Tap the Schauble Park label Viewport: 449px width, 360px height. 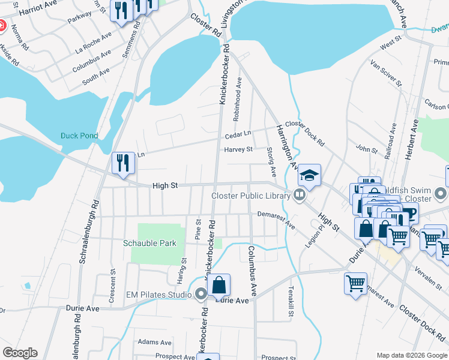(x=149, y=243)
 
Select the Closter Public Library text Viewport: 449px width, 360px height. (x=250, y=195)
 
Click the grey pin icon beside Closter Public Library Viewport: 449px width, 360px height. (x=298, y=195)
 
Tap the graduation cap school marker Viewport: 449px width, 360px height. (x=310, y=175)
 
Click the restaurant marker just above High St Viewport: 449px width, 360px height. (x=123, y=164)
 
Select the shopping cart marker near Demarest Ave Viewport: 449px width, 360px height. (x=355, y=283)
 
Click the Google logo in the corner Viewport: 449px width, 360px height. (x=20, y=353)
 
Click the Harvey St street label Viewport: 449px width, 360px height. (x=239, y=149)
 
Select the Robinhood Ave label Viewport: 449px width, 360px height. (x=239, y=91)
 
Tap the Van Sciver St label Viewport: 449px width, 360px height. (x=384, y=72)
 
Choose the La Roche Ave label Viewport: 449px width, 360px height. (x=93, y=40)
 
